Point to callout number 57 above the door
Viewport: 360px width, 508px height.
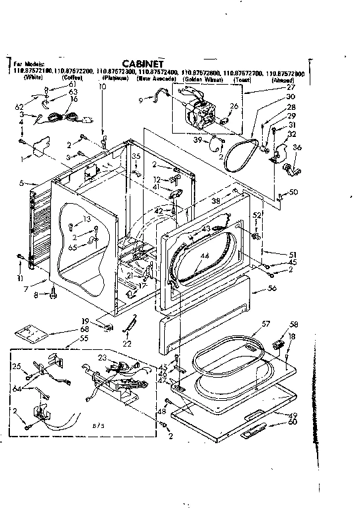pos(267,324)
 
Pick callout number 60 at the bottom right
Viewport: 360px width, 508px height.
pos(292,422)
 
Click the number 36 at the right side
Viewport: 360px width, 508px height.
pos(297,147)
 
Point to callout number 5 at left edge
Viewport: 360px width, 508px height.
pos(22,183)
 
